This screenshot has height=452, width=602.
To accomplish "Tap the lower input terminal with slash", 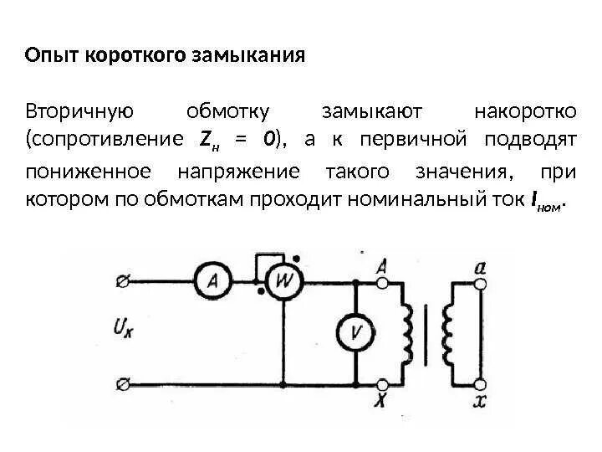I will tap(122, 384).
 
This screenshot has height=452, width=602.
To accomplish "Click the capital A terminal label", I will tap(381, 267).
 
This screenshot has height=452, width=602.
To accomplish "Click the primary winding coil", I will tap(408, 333).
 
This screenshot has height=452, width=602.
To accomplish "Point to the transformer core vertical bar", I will tap(428, 333).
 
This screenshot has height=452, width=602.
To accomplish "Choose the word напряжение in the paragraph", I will tap(238, 172).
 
